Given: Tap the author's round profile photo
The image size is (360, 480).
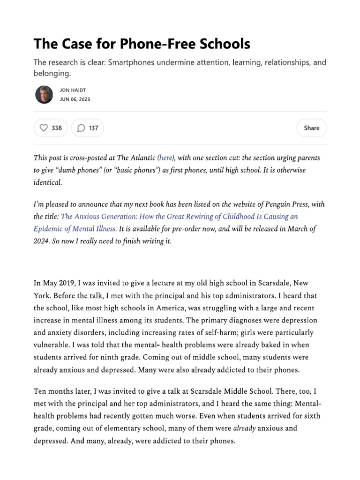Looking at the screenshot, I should pos(44,95).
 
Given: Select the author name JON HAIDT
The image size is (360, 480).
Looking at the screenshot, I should pos(73,90).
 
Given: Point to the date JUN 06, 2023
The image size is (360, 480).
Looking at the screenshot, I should pos(75,99).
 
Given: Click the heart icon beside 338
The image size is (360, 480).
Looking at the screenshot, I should pos(44,128).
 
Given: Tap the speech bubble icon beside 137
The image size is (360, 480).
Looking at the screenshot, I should pos(81,128).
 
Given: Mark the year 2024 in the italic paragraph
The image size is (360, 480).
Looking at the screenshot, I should pos(43,241).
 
